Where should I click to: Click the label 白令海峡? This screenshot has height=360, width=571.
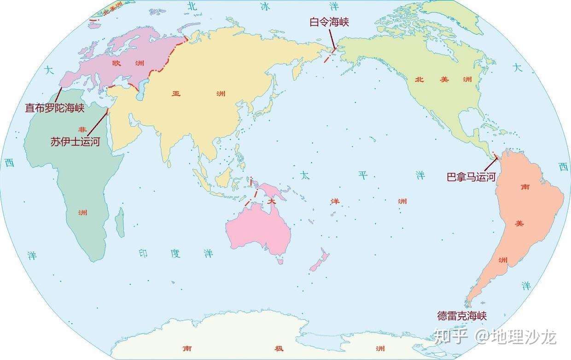pyautogui.click(x=329, y=21)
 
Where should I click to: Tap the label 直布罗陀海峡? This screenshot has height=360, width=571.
pyautogui.click(x=55, y=108)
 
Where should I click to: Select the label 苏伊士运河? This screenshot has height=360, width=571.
pyautogui.click(x=75, y=141)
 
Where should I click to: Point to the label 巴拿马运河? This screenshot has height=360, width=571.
pyautogui.click(x=471, y=177)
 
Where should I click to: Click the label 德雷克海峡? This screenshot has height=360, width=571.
pyautogui.click(x=462, y=316)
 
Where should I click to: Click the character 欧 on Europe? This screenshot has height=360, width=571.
pyautogui.click(x=116, y=63)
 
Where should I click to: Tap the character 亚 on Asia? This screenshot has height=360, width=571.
pyautogui.click(x=176, y=93)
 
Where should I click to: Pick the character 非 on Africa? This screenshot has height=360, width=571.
pyautogui.click(x=82, y=129)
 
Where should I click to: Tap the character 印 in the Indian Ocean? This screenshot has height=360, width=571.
pyautogui.click(x=143, y=253)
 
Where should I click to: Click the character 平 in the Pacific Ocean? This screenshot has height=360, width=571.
pyautogui.click(x=363, y=175)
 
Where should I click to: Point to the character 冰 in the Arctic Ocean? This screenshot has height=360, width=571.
pyautogui.click(x=265, y=6)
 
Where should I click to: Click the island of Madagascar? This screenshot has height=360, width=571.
pyautogui.click(x=120, y=223)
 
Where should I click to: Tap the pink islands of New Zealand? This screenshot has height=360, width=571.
pyautogui.click(x=319, y=261)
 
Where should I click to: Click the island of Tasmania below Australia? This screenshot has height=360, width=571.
pyautogui.click(x=280, y=261)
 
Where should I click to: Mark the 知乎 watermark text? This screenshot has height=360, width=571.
pyautogui.click(x=451, y=336)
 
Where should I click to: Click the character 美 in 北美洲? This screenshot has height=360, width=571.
pyautogui.click(x=444, y=79)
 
